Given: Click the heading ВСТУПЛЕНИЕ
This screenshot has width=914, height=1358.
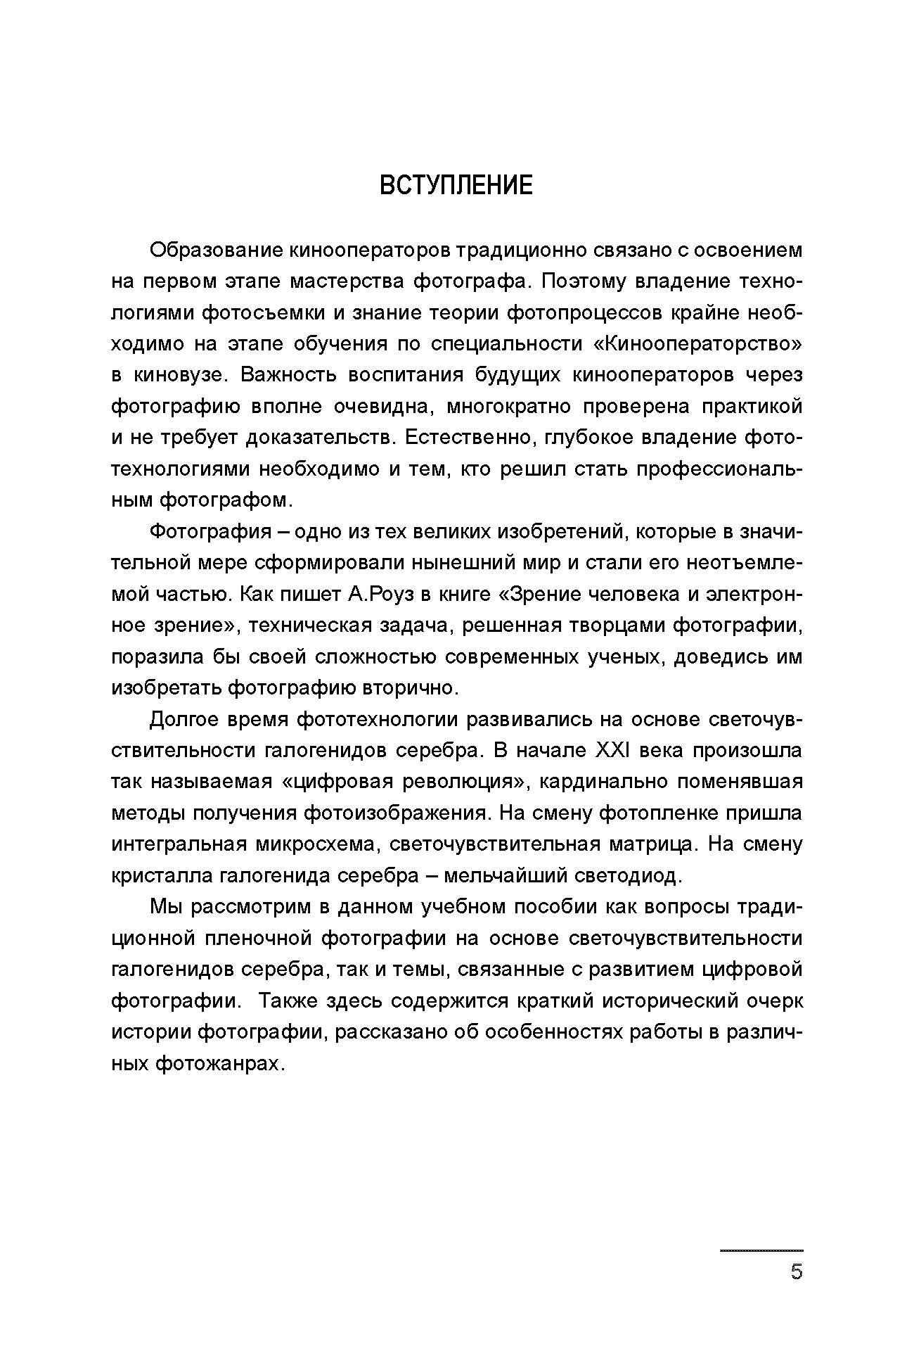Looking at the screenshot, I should pos(456,186).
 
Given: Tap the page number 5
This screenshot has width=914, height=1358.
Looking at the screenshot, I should pos(796,1271).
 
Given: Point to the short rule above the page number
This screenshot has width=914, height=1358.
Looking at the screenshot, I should pos(761,1250).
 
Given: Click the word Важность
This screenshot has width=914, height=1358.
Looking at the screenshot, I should pos(288,375).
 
